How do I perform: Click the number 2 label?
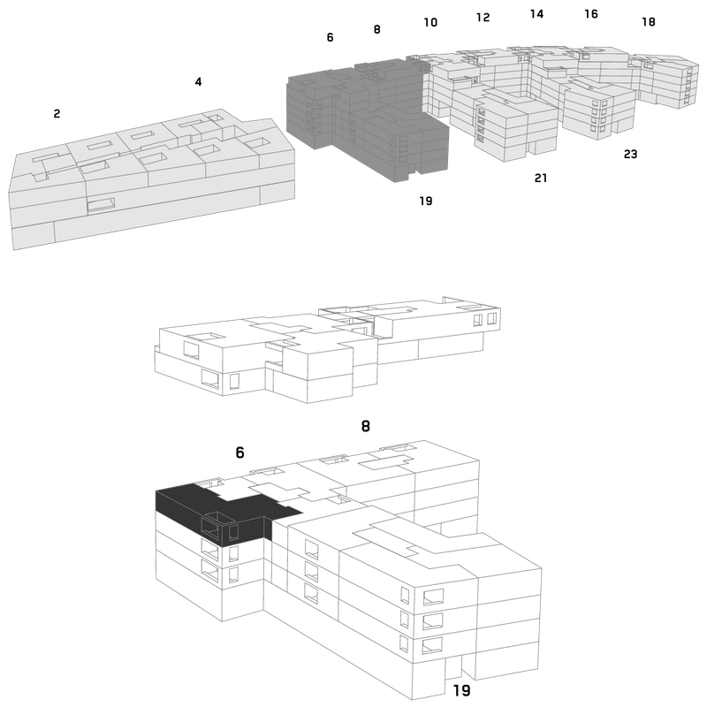click(57, 114)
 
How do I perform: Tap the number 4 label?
click(198, 81)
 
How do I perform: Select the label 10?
click(430, 22)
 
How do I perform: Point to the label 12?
click(483, 17)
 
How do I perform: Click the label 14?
click(536, 14)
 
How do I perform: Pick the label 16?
click(591, 14)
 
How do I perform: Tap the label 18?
click(649, 21)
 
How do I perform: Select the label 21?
click(541, 179)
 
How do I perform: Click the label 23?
click(630, 154)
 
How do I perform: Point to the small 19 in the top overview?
click(426, 201)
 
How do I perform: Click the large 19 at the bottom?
click(461, 690)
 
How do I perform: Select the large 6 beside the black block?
click(239, 452)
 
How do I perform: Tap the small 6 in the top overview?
click(330, 37)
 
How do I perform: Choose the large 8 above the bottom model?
click(366, 426)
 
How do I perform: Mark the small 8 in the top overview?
click(377, 29)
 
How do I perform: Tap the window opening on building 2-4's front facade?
click(101, 205)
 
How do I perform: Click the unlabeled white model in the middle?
click(327, 349)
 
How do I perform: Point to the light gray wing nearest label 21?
click(514, 124)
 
